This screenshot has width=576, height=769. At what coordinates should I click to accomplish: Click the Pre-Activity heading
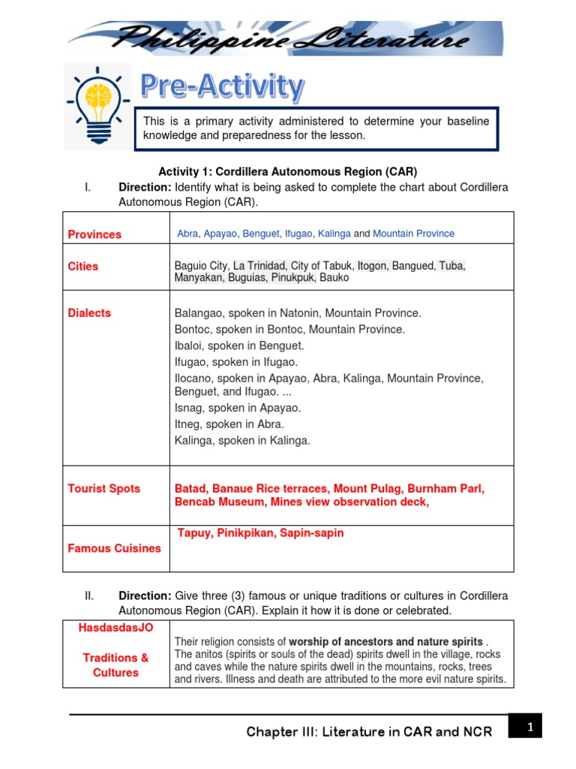coord(223,87)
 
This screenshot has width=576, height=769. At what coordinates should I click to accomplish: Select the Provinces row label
coord(94,234)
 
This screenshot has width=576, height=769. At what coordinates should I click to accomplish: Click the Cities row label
coord(83,266)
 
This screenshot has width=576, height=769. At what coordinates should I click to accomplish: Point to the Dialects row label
coord(89,313)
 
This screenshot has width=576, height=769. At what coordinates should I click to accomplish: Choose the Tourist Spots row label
coord(104,488)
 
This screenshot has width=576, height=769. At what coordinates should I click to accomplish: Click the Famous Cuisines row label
coord(114,548)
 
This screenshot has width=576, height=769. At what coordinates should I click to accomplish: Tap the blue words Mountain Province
coord(413,234)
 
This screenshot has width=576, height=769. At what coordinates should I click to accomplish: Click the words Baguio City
coord(201,265)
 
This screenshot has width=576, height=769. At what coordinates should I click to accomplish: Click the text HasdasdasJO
coord(115,628)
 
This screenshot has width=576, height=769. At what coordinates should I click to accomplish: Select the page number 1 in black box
coord(529,726)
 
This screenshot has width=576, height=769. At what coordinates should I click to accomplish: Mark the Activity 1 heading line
coord(287,171)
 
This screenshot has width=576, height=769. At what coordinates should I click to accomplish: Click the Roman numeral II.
coord(89,596)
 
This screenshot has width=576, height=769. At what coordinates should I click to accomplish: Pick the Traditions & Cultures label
coord(115,665)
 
